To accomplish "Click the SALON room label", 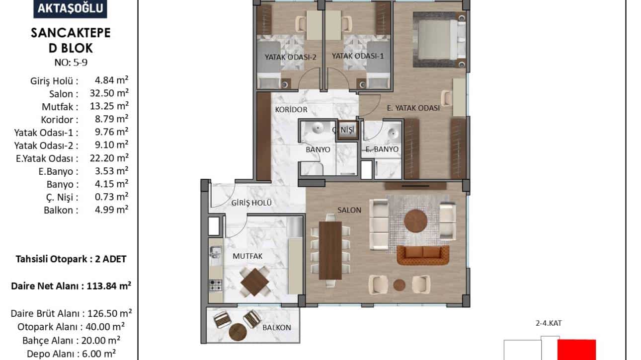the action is pos(349,210).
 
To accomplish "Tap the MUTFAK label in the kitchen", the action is pos(247,256).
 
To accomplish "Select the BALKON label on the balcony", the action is pos(277,327).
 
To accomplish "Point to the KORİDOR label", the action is pos(291,110).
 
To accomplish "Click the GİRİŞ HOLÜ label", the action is pos(251,203).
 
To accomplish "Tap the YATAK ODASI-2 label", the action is pos(291,57).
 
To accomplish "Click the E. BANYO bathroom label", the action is pos(382,149).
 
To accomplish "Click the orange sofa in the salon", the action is pos(423,255).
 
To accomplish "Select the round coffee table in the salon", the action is pos(415,221).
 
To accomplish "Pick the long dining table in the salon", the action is pos(330,250).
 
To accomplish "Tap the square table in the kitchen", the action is pos(255,282).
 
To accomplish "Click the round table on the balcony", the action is pos(238,332).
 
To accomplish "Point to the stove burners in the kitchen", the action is pos(216,285).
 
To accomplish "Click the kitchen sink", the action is pos(215,252).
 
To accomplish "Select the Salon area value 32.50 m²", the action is pos(109,93).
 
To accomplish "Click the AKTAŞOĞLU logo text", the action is pos(71,8).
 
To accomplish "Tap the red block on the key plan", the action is pos(576,350).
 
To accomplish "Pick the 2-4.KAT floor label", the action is pos(549,323).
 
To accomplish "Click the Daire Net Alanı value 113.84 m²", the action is pos(109,286).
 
